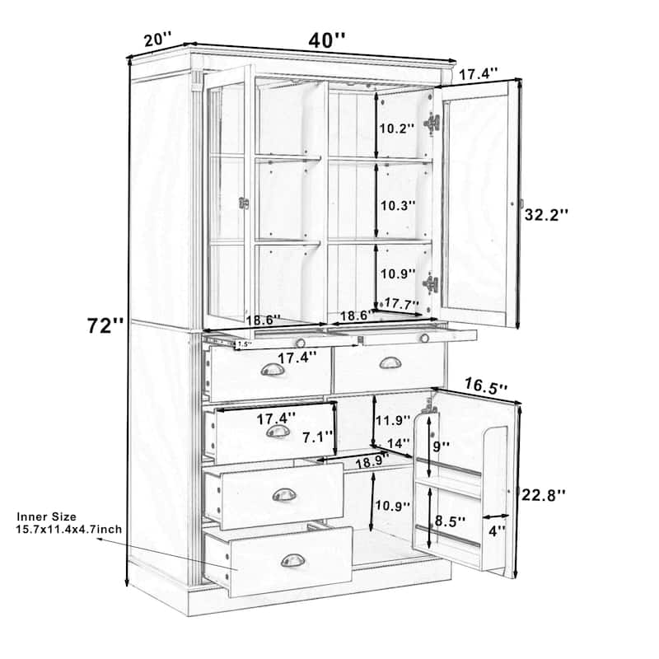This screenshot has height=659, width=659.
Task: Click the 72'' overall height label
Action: coord(105,325)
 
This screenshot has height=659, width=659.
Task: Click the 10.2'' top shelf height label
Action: coord(397,129)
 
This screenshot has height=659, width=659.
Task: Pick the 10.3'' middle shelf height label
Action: coord(397,205)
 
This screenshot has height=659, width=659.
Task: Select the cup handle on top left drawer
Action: coord(273,372)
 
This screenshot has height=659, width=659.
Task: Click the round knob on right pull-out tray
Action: coord(424,337)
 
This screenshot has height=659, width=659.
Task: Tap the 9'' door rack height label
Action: coord(442,446)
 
